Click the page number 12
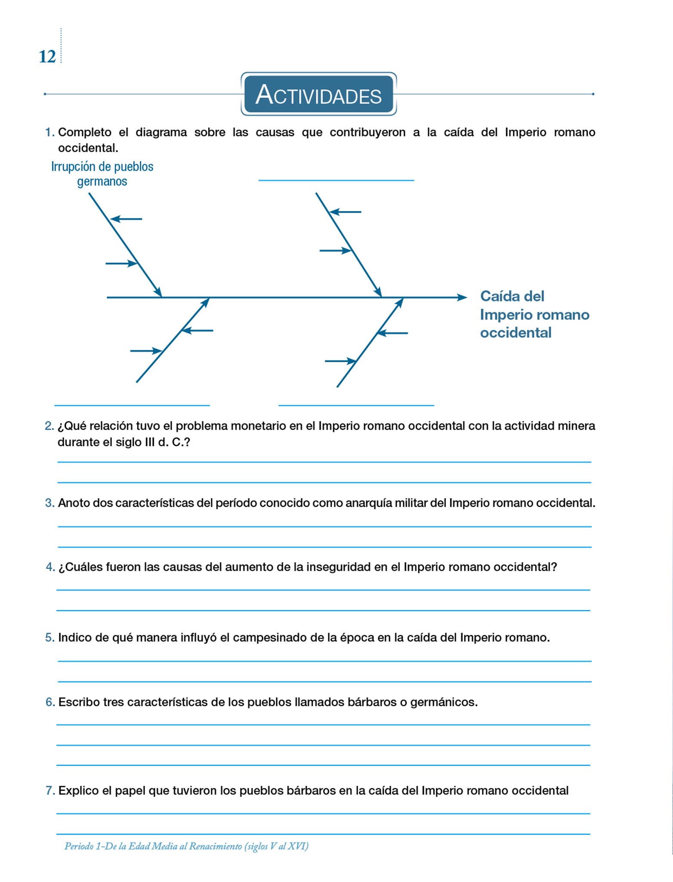47,57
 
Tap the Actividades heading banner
318,94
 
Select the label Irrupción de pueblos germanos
102,174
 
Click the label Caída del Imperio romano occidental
534,314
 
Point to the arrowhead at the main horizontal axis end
463,298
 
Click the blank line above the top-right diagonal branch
336,180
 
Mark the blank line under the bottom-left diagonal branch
132,405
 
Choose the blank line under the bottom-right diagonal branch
356,405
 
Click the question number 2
49,426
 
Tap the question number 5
49,637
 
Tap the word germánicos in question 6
444,702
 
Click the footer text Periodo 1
83,846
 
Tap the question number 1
49,132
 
